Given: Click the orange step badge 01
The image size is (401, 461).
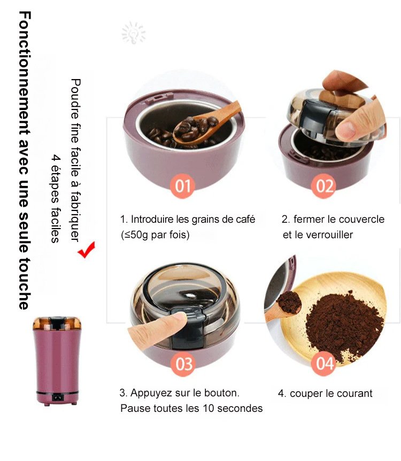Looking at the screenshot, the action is pos(182,186).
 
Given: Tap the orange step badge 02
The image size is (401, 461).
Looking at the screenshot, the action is pos(324,186).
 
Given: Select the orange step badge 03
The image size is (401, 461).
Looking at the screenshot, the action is pos(183,364).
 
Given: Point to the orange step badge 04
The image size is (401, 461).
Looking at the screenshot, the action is pos(323,363).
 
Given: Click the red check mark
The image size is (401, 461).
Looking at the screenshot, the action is pos(87,249).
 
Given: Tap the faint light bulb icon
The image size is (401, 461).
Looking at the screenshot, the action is pos(134,33).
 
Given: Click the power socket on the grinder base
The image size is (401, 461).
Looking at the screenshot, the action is pos(58,398).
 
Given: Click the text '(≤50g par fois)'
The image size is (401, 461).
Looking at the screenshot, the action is pos(155,235).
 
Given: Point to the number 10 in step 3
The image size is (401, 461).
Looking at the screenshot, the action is pos(209,408).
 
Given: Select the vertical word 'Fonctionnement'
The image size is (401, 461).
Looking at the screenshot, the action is pos(25,74).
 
